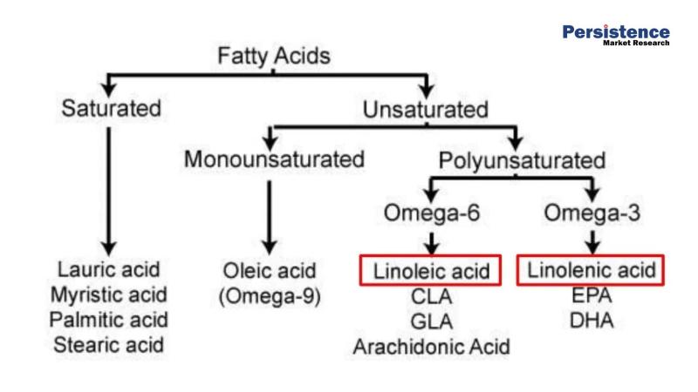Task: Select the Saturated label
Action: tap(112, 110)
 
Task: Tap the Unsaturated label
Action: tap(425, 110)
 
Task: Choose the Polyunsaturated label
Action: tap(522, 161)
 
